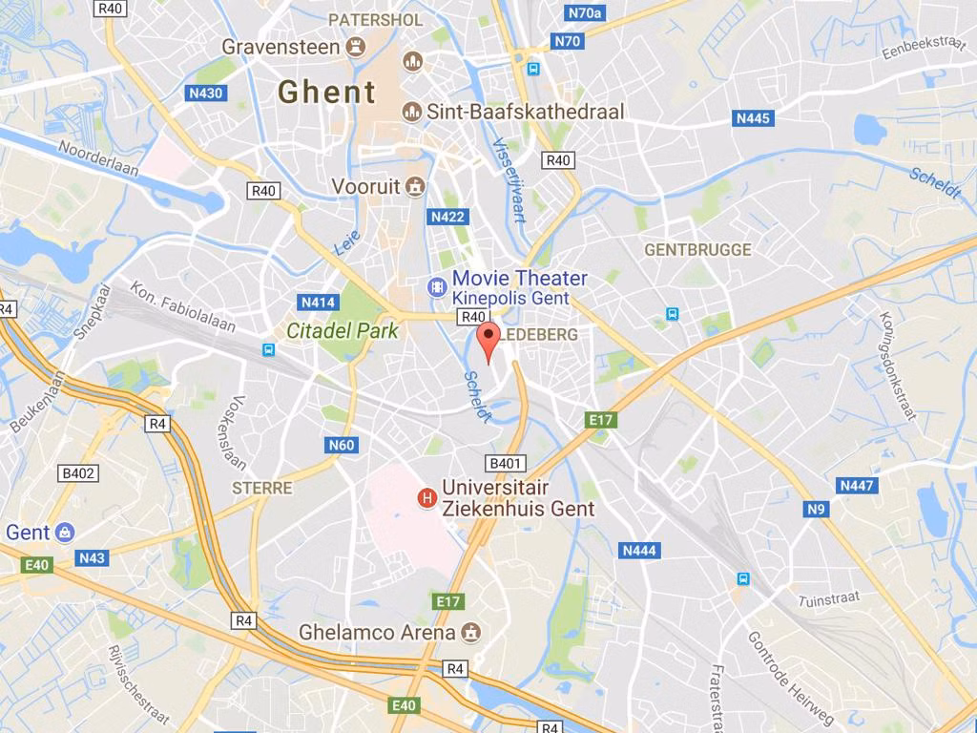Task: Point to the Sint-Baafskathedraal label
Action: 525,112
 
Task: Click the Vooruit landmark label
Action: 366,186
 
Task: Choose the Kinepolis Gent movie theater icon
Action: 436,285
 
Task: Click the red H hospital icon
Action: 426,497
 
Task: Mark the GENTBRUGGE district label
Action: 697,249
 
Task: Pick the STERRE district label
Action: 262,488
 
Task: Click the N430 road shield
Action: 205,93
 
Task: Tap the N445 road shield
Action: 753,118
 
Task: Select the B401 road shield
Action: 506,464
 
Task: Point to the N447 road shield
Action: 856,486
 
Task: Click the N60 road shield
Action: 341,445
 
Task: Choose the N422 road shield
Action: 447,217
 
